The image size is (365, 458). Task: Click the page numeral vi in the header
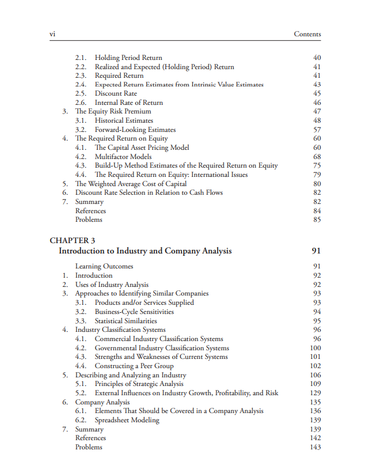(52, 34)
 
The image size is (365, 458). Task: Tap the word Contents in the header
(307, 34)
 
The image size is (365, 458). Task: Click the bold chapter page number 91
(315, 251)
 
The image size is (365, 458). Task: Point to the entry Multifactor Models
(123, 157)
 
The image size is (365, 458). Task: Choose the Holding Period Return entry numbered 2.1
(128, 58)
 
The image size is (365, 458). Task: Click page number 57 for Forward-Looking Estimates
(317, 130)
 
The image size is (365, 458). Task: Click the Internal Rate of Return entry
(129, 103)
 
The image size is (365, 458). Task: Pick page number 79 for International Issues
(317, 175)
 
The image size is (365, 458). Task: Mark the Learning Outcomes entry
(104, 266)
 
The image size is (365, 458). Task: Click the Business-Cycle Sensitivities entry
(134, 312)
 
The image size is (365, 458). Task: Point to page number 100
(315, 348)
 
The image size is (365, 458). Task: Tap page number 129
(315, 393)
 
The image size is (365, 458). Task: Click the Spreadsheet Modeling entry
(127, 420)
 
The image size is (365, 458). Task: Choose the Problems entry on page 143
(89, 447)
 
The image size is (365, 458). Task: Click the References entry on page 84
(90, 211)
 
